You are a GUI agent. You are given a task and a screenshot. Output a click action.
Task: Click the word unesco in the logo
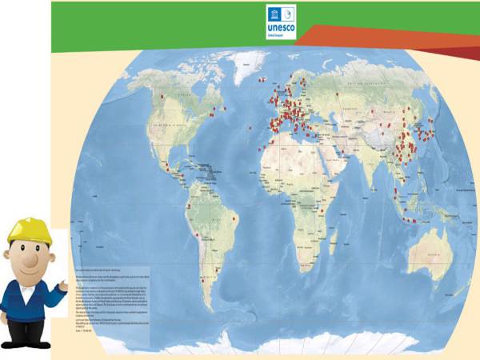click(x=280, y=25)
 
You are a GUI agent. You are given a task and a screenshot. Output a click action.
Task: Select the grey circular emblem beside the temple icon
click(x=286, y=13)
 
